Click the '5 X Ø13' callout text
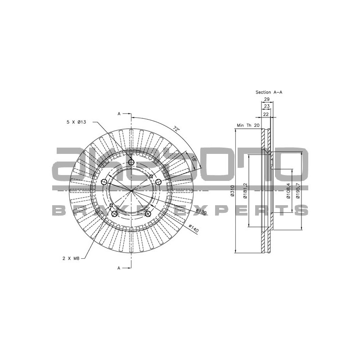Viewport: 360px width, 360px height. (76, 122)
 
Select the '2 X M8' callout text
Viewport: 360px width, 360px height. (71, 258)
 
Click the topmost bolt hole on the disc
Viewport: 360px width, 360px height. (131, 162)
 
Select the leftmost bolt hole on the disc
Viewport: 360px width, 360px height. (104, 182)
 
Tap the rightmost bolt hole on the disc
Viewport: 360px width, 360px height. (158, 182)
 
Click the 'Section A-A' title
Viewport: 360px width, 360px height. (269, 92)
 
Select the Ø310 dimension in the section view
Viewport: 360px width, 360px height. (232, 191)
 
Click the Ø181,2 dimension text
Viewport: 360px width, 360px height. (246, 191)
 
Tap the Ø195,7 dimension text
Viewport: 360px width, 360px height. (298, 191)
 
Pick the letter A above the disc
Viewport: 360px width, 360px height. (119, 114)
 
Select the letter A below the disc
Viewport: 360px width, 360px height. (119, 268)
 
